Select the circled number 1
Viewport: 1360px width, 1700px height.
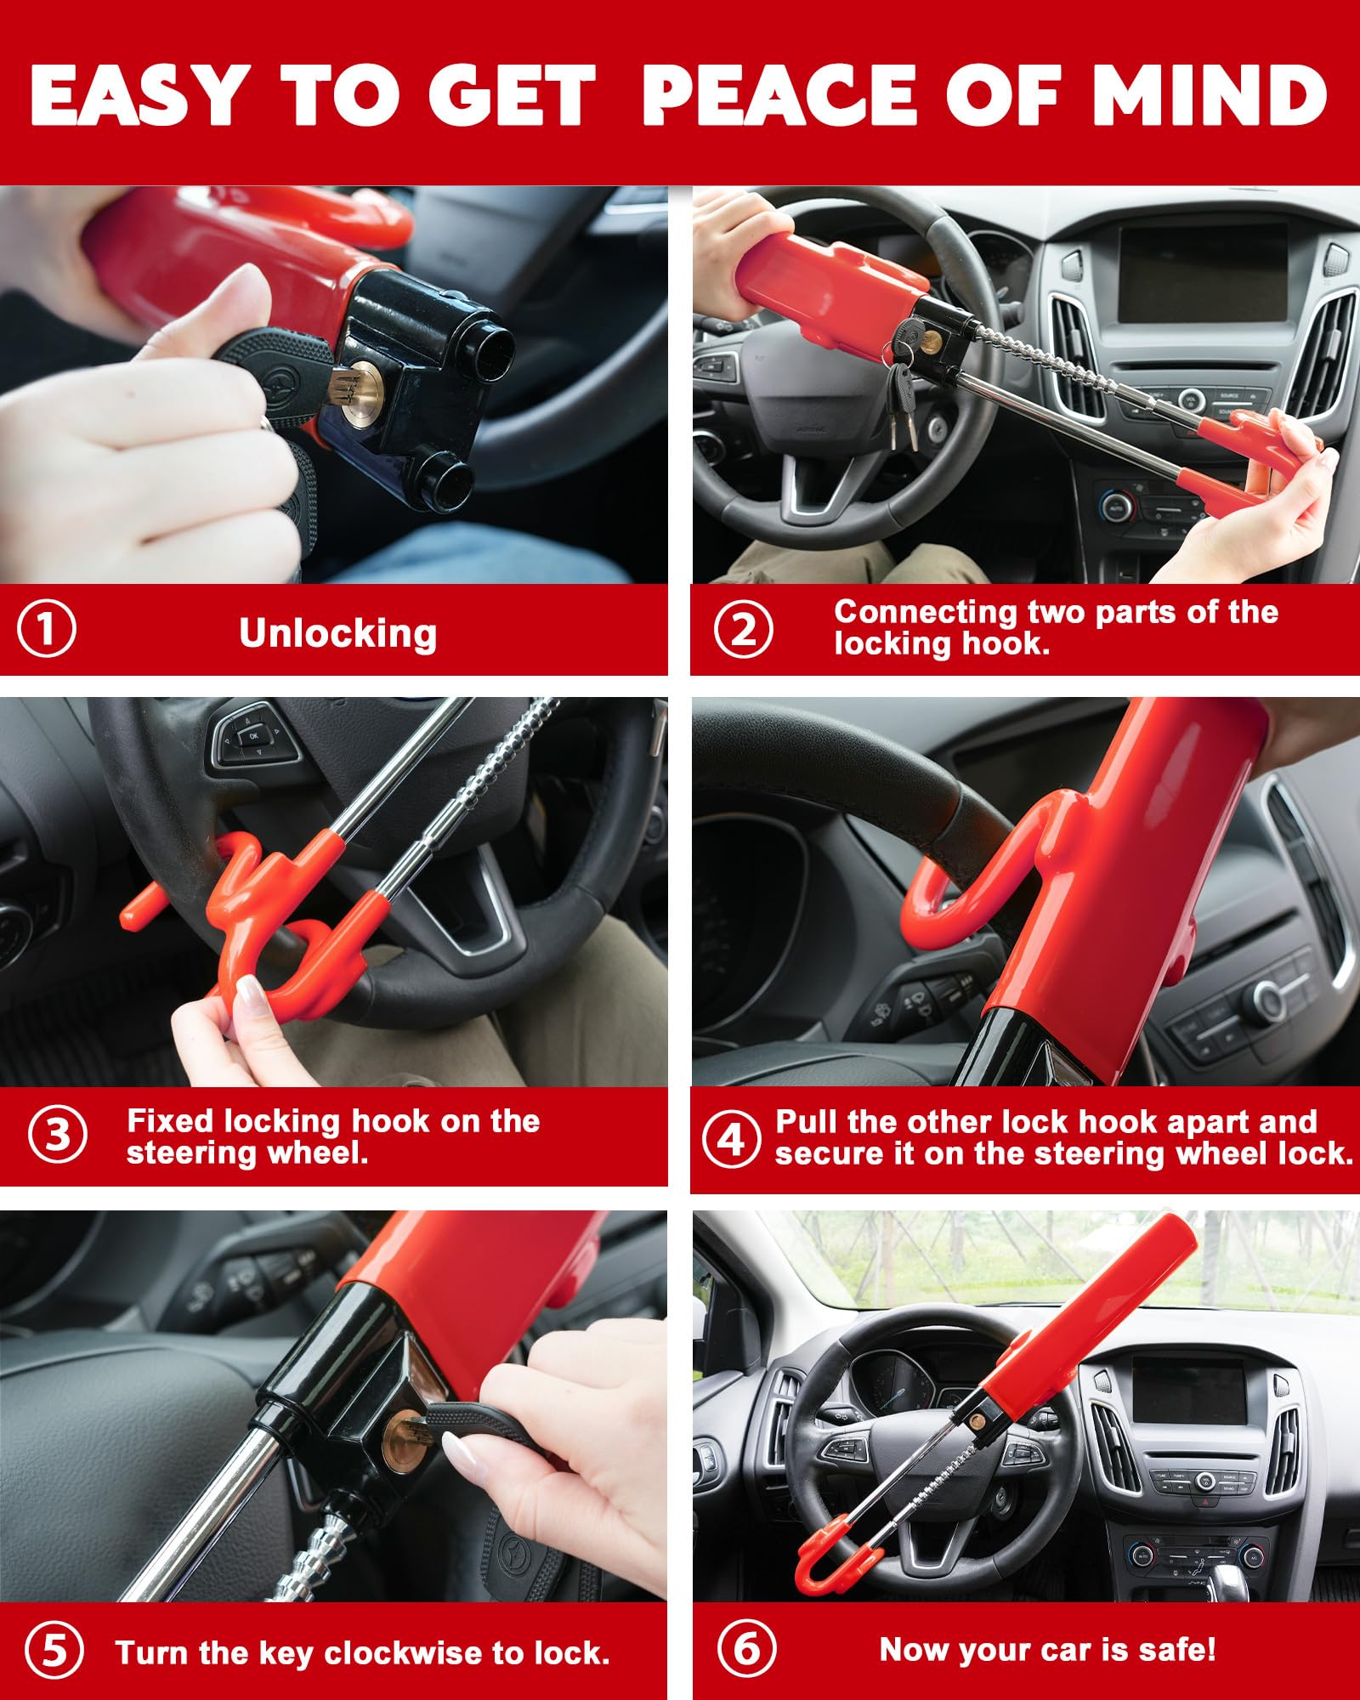(x=47, y=629)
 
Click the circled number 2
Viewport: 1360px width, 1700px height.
(x=743, y=630)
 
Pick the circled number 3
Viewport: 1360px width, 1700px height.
(x=57, y=1135)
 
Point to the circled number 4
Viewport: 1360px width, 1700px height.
(x=731, y=1138)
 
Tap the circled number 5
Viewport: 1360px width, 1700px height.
(x=54, y=1651)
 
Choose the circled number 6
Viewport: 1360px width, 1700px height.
(x=746, y=1649)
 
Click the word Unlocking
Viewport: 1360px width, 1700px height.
(x=337, y=633)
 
